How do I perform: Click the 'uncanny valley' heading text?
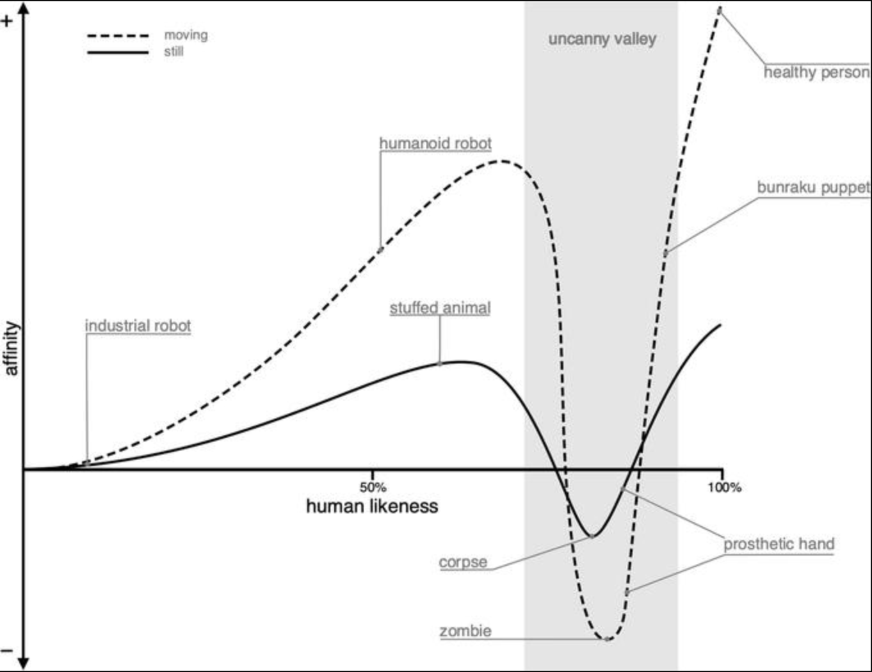[602, 39]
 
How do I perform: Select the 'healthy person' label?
[816, 72]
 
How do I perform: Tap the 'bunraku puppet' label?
[813, 188]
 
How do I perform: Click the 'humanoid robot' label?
[435, 143]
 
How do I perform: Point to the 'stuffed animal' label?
[440, 308]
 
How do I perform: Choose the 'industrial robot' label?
[138, 326]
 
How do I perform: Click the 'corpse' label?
[463, 563]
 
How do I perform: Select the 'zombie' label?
[465, 631]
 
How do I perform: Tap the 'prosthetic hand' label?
[779, 545]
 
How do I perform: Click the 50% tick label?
[373, 487]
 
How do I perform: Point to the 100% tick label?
[725, 488]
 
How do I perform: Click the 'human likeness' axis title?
[372, 506]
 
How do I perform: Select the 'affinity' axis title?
[11, 349]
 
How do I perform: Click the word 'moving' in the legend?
[186, 35]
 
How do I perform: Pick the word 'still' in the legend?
[174, 52]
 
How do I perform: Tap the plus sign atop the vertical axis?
[7, 20]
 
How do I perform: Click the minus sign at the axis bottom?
[7, 651]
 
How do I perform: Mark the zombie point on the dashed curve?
[607, 639]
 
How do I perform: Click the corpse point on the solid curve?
[592, 536]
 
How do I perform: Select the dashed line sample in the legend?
[118, 36]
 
